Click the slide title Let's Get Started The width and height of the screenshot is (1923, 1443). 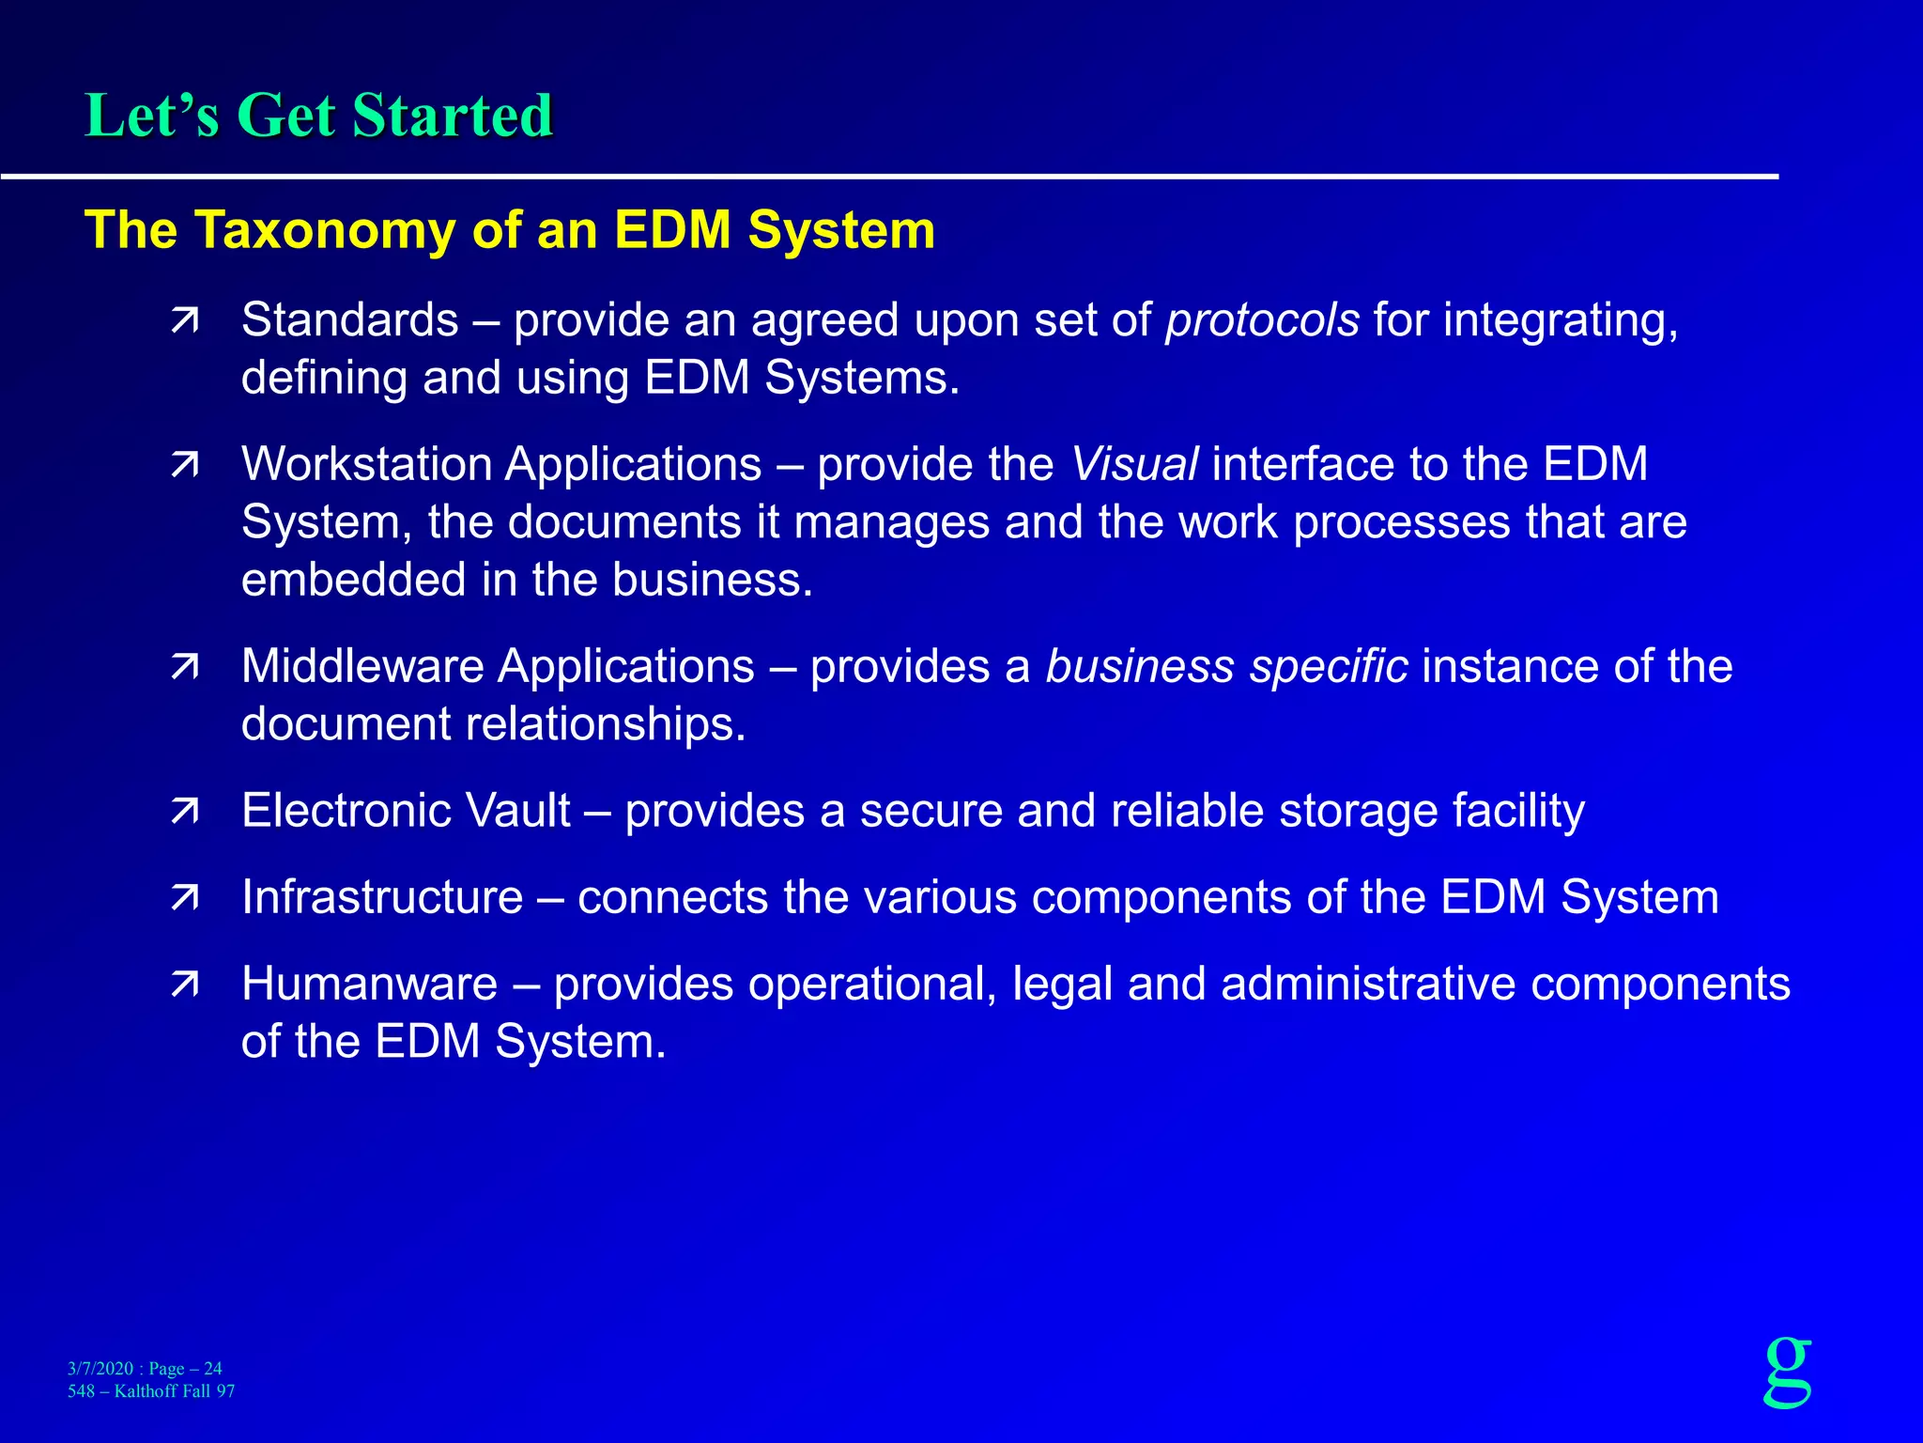[x=319, y=116]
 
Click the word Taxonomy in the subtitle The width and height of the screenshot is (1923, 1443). [x=325, y=230]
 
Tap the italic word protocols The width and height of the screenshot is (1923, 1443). [x=1262, y=320]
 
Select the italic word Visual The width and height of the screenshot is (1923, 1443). [x=1134, y=465]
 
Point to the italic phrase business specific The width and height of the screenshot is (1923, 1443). [x=1226, y=667]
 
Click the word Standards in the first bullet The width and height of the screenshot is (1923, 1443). [x=349, y=320]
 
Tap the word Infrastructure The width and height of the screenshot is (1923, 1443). [x=381, y=897]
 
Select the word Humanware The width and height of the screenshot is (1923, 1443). [x=369, y=985]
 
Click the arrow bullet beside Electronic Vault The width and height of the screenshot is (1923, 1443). [x=185, y=812]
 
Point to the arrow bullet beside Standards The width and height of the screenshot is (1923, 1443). [x=185, y=321]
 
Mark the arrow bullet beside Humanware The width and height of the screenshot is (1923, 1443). [x=185, y=985]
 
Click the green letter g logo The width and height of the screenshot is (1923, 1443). [x=1788, y=1372]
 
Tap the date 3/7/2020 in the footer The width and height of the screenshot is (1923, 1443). [x=100, y=1369]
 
